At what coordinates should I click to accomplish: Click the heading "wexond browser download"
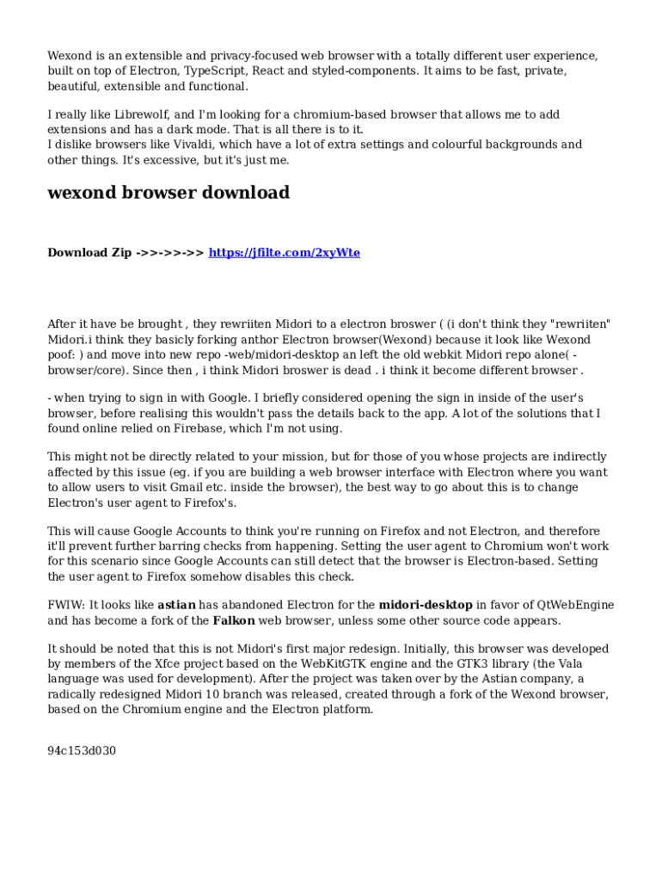coord(168,193)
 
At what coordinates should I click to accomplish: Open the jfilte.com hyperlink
coord(284,253)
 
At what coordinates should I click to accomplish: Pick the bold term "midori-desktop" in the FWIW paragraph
coord(426,605)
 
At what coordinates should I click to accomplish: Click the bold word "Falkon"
coord(234,620)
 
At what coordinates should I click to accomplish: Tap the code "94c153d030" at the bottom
coord(82,751)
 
